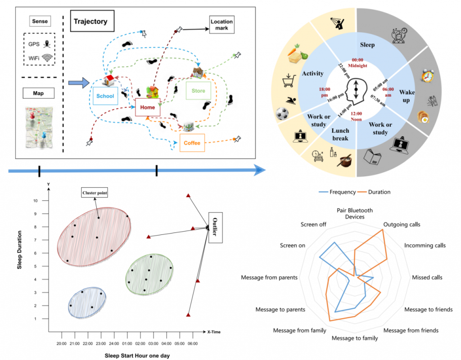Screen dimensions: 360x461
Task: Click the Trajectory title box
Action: coord(92,21)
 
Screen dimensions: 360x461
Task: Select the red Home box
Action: coord(148,108)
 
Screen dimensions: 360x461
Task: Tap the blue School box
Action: coord(104,96)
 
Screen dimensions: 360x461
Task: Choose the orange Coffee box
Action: coord(192,144)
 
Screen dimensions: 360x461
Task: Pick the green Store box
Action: coord(198,91)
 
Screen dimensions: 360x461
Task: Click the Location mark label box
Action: coord(222,25)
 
